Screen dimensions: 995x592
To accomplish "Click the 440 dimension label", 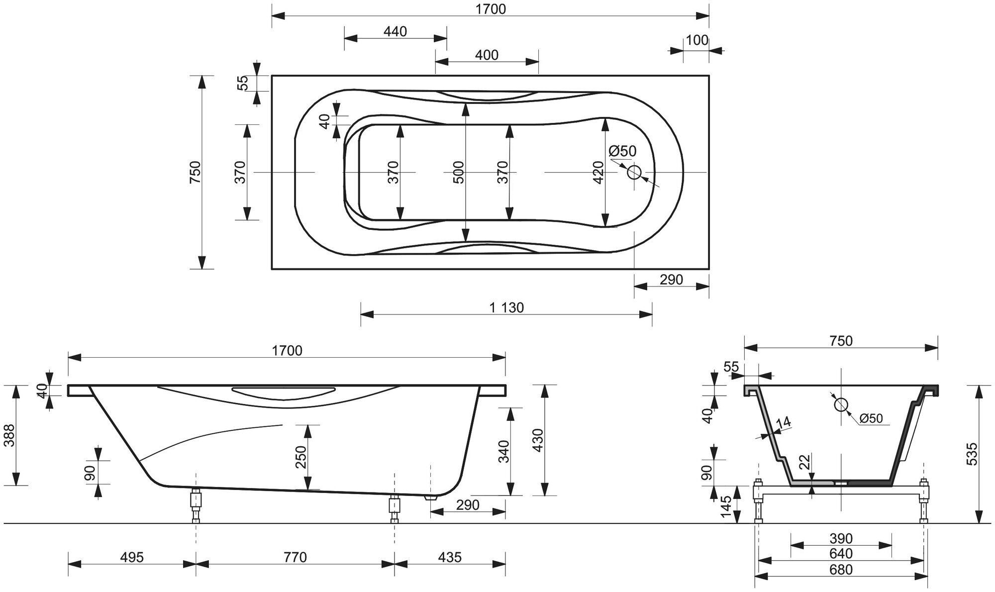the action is [x=396, y=32].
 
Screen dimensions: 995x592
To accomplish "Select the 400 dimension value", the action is [x=487, y=55].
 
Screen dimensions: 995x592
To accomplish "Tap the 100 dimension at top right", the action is [x=697, y=40].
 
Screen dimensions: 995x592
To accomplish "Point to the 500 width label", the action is [x=459, y=172].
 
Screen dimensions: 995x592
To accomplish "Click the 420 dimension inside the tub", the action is [x=598, y=172].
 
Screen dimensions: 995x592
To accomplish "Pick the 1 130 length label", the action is [x=506, y=308].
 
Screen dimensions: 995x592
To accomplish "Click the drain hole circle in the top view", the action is [x=634, y=173].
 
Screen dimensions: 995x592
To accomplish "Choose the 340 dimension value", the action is [x=504, y=452].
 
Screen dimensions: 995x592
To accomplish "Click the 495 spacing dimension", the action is [x=132, y=557].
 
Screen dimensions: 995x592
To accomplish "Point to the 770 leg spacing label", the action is [x=295, y=557].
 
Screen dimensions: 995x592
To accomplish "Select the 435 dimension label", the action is [x=450, y=557].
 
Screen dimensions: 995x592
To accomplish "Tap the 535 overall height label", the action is [x=973, y=454].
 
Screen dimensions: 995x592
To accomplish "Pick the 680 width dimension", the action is [x=841, y=570].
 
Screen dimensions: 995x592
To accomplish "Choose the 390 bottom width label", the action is [x=841, y=539].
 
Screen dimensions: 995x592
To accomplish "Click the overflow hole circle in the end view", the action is [x=841, y=405].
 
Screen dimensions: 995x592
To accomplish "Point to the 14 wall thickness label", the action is [x=783, y=422].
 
